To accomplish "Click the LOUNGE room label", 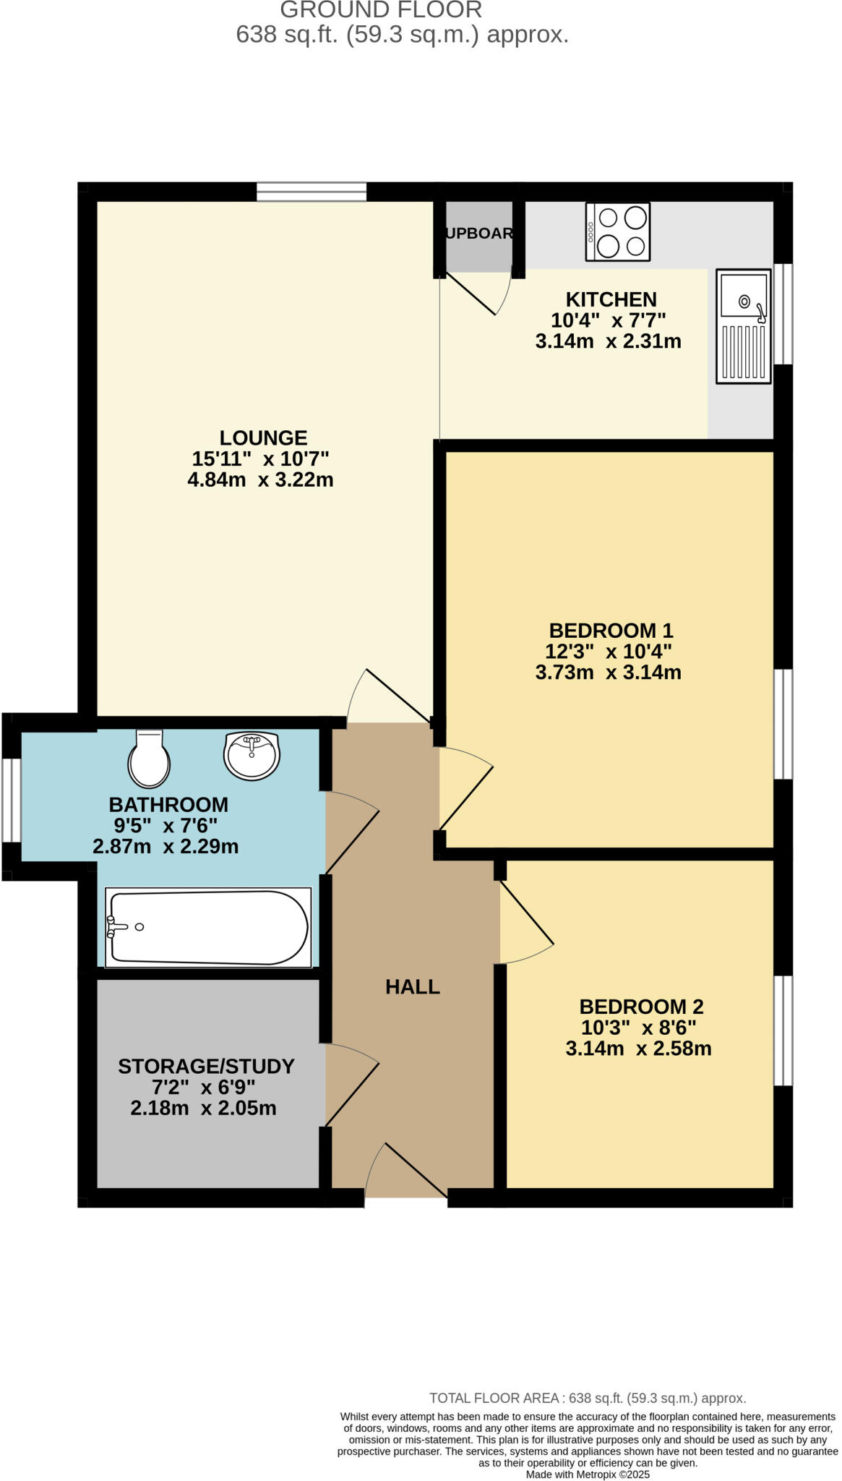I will [x=263, y=438].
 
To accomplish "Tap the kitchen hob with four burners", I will [x=617, y=231].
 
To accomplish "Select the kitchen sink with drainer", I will [x=743, y=326].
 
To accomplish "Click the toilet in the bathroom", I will [x=149, y=758].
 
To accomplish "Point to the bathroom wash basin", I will [x=252, y=755].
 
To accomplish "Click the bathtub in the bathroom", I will [x=208, y=928].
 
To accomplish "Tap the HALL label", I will [x=412, y=986].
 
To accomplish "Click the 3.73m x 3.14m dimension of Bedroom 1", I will [x=608, y=673].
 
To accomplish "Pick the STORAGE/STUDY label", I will [x=206, y=1066].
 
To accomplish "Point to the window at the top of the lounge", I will [x=311, y=192].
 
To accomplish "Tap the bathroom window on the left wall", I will [x=11, y=800].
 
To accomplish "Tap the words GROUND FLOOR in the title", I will [x=381, y=10].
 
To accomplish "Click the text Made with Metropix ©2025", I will [x=588, y=1474].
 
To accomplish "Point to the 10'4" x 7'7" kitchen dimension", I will [x=608, y=320].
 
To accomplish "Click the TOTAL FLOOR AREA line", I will [x=587, y=1398].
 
